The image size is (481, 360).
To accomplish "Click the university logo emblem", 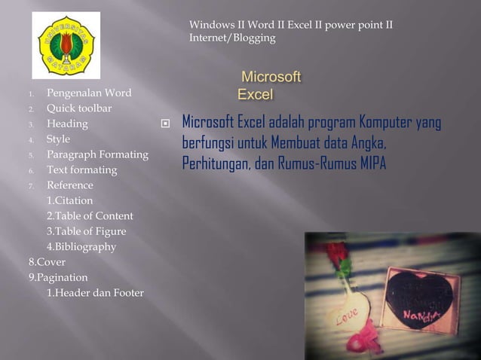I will pyautogui.click(x=66, y=44).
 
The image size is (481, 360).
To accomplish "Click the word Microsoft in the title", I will pyautogui.click(x=271, y=78).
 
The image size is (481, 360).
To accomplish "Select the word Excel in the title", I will pyautogui.click(x=255, y=95).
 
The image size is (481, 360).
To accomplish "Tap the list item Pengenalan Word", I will pyautogui.click(x=89, y=93).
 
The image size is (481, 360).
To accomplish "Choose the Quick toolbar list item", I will pyautogui.click(x=79, y=108).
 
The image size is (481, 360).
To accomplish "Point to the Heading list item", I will pyautogui.click(x=67, y=124).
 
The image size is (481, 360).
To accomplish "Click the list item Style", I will pyautogui.click(x=58, y=139).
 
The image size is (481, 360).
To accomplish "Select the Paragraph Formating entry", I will pyautogui.click(x=97, y=154).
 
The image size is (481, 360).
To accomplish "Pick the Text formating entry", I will pyautogui.click(x=81, y=170).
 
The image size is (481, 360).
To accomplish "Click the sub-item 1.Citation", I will pyautogui.click(x=70, y=201).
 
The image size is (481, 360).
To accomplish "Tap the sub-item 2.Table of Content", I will pyautogui.click(x=90, y=216).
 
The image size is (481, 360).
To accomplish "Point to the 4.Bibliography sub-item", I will pyautogui.click(x=81, y=247).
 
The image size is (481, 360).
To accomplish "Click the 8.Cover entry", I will pyautogui.click(x=47, y=263).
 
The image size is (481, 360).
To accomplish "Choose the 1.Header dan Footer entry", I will pyautogui.click(x=95, y=293).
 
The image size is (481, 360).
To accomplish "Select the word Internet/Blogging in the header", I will pyautogui.click(x=232, y=38).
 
